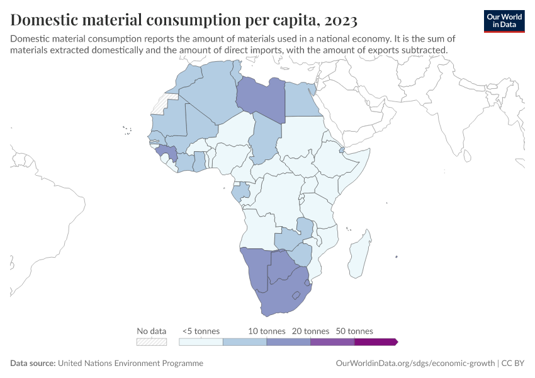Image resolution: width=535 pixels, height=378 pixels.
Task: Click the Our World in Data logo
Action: (504, 20)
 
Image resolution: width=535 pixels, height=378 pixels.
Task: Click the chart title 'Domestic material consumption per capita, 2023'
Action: (184, 20)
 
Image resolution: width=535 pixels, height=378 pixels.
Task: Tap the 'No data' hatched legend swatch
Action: (152, 341)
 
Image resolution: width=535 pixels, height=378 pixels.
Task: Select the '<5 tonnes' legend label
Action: (201, 331)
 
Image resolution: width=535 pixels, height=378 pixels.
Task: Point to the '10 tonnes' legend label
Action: (267, 331)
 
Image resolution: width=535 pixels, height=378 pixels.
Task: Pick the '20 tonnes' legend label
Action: (310, 331)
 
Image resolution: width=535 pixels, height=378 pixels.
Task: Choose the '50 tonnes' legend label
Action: (354, 331)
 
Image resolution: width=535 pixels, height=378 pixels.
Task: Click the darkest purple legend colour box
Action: (375, 341)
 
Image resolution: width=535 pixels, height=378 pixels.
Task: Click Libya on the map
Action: (259, 98)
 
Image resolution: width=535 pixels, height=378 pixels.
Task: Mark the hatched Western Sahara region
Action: (162, 105)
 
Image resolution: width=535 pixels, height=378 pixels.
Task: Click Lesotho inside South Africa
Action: (296, 294)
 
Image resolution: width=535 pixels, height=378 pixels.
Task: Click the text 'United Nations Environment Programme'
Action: (130, 364)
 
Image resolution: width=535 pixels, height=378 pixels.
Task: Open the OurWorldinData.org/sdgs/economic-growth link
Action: (415, 364)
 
